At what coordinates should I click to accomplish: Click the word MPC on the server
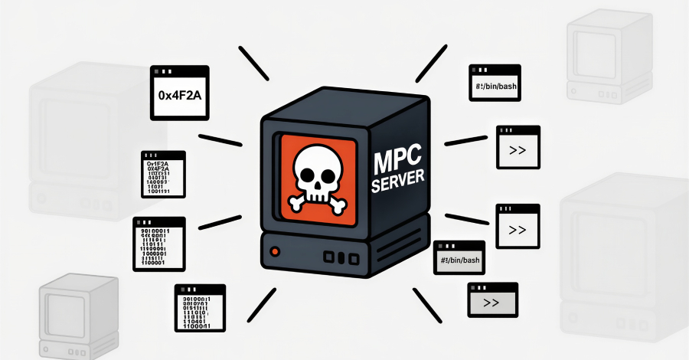397,163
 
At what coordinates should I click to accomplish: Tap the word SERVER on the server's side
398,185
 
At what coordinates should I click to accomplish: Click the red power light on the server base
276,250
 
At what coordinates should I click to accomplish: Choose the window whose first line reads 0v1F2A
162,175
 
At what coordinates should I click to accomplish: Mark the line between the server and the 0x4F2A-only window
253,63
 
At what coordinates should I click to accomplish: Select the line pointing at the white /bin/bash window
431,63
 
